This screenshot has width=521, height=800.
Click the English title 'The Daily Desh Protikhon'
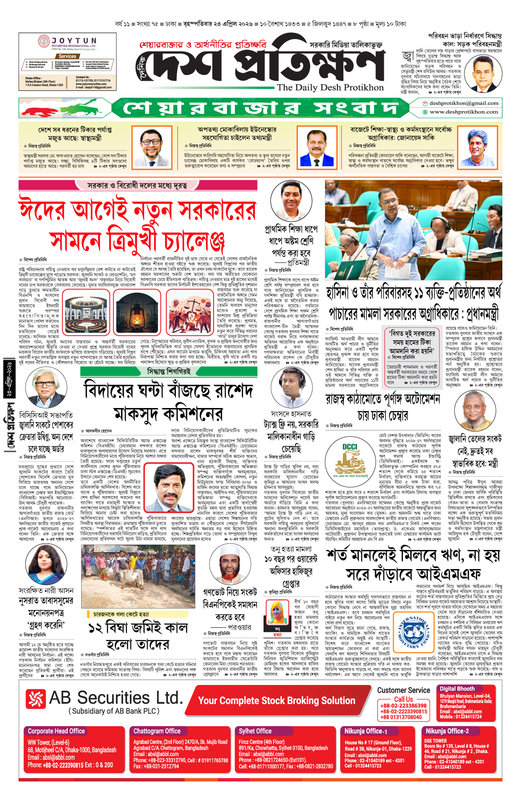[330, 88]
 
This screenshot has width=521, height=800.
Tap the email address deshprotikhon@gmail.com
[464, 103]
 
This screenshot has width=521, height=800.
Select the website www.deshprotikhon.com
[464, 112]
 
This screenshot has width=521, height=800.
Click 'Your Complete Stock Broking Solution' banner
[277, 701]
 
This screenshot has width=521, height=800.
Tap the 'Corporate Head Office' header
[56, 731]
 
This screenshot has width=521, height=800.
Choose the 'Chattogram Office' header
[157, 731]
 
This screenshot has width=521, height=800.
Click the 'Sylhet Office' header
[255, 731]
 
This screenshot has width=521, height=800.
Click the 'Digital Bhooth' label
[457, 689]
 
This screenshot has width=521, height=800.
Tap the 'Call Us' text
[404, 699]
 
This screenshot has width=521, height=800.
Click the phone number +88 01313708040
[401, 717]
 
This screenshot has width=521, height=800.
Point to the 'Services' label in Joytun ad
[67, 56]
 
